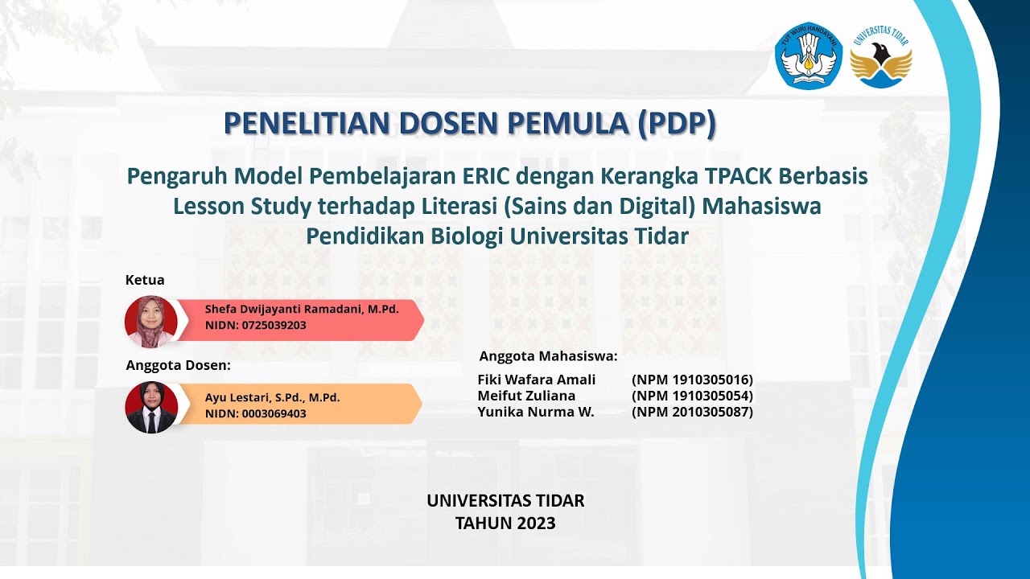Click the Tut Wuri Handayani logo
(x=808, y=55)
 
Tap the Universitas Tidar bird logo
(x=881, y=55)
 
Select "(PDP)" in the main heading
(x=676, y=123)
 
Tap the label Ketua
(x=145, y=281)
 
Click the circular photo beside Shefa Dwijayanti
(x=151, y=322)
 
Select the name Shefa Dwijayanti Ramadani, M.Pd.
(x=302, y=309)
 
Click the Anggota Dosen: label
(x=178, y=365)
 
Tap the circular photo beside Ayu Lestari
(x=151, y=408)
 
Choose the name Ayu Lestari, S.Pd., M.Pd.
(x=272, y=397)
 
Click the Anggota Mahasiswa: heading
(x=548, y=355)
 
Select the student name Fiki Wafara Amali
(x=536, y=380)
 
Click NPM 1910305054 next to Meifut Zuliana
(x=692, y=396)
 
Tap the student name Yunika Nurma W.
(x=535, y=412)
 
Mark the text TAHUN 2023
(x=505, y=523)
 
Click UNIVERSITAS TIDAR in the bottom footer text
(x=505, y=500)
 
